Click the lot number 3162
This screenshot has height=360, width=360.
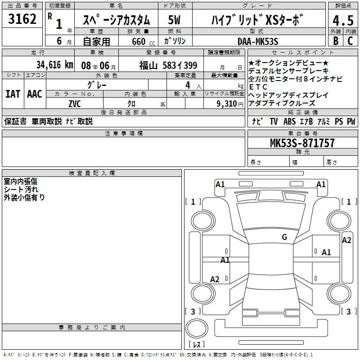click(x=22, y=19)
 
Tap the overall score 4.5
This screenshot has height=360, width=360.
click(x=343, y=21)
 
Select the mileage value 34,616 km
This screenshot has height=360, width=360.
click(x=54, y=65)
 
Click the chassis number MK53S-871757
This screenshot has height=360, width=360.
click(x=302, y=143)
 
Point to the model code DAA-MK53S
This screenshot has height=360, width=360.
click(x=258, y=41)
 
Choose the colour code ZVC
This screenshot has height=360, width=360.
click(x=75, y=104)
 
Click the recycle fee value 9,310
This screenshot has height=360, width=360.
click(x=227, y=104)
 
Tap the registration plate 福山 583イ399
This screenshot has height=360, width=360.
click(x=168, y=66)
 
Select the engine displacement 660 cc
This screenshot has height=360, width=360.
click(x=143, y=42)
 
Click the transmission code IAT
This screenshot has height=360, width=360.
click(x=13, y=94)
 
